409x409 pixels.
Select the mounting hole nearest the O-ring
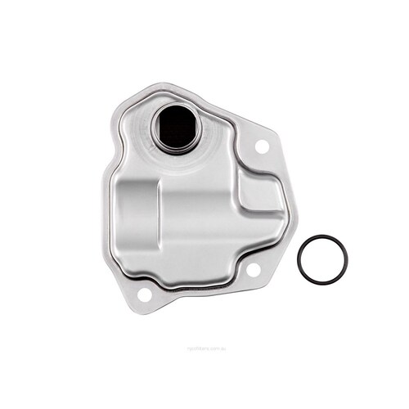click(253, 269)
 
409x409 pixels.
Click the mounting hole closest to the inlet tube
click(263, 147)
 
